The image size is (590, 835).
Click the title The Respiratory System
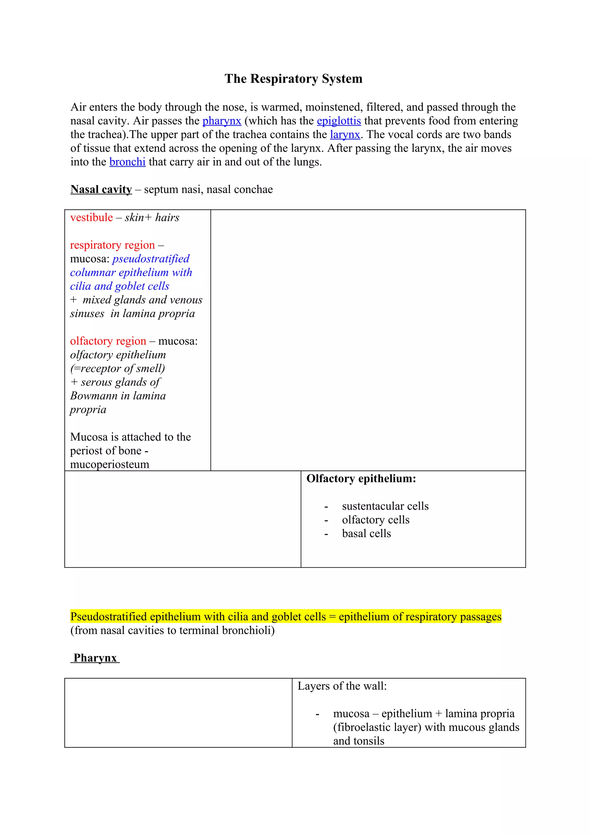tap(293, 79)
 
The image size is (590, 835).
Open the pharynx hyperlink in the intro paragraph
tap(222, 121)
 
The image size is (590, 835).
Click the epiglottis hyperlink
tap(339, 121)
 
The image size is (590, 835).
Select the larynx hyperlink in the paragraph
tap(345, 135)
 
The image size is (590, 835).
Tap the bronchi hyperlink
tap(127, 162)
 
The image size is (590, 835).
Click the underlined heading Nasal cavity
tap(101, 190)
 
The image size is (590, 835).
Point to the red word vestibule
tap(91, 218)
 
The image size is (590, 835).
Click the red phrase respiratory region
tap(112, 245)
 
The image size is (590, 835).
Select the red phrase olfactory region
tap(108, 341)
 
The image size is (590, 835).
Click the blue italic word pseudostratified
tap(151, 258)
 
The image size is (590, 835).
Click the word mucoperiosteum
tap(109, 464)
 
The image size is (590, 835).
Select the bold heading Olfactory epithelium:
tap(361, 479)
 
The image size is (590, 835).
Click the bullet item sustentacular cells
tap(385, 506)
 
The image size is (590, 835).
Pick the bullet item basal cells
tap(366, 534)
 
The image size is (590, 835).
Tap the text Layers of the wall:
tap(342, 686)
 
